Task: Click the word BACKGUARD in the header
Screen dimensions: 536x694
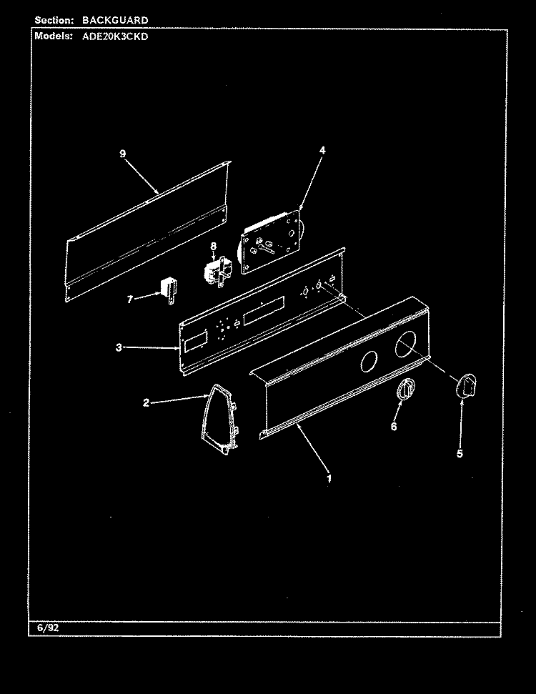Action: click(115, 20)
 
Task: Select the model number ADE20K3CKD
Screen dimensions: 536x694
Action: click(115, 36)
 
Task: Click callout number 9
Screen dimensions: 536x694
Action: click(123, 154)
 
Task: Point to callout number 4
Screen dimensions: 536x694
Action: click(322, 150)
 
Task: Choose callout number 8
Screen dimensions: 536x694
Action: click(214, 246)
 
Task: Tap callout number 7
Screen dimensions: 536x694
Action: click(129, 299)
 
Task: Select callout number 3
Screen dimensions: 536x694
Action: click(119, 347)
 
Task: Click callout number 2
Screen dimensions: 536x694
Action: click(146, 403)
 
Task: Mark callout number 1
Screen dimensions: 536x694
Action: click(329, 478)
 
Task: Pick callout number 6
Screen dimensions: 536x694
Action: click(394, 426)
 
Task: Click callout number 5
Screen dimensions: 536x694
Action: click(460, 453)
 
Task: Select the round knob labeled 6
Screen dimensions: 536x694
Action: click(406, 389)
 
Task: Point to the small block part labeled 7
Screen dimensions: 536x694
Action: click(169, 289)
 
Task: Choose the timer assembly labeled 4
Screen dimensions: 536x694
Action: click(271, 241)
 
